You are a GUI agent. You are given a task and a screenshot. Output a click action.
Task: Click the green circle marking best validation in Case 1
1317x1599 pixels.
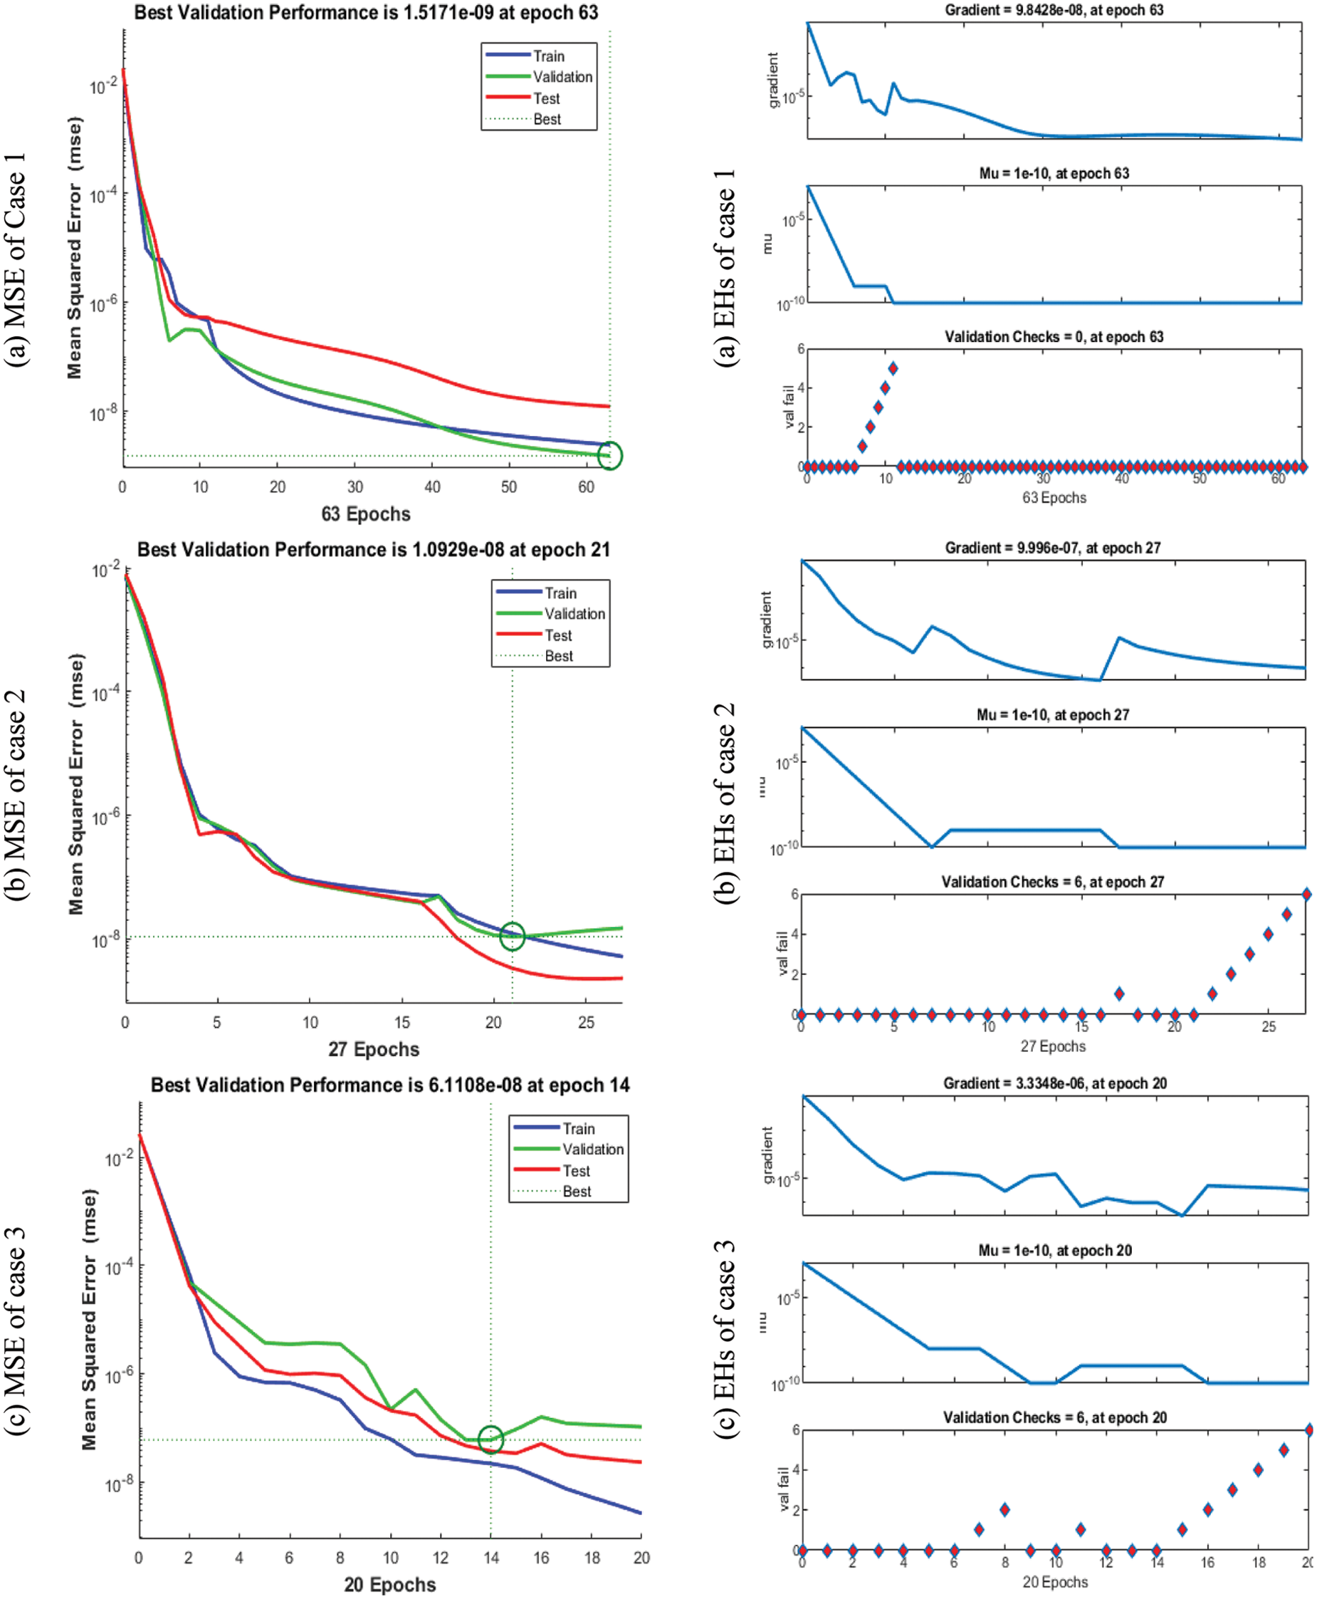610,455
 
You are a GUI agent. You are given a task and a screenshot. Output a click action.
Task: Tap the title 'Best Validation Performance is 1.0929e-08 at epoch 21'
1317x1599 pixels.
373,549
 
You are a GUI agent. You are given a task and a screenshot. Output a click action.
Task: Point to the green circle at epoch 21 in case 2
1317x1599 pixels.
512,936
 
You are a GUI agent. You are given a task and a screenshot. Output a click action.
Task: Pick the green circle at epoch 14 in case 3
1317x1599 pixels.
490,1439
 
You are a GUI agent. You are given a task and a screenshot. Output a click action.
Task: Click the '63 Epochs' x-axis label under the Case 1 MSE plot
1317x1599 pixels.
366,514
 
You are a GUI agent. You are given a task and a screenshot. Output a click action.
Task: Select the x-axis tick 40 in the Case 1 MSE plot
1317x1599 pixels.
431,487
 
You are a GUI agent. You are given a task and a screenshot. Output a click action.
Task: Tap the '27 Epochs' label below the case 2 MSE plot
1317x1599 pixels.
373,1050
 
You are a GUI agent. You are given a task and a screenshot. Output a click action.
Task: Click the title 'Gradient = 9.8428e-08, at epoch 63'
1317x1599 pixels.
1054,11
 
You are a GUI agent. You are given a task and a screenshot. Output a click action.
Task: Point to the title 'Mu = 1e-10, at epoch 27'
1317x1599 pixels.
1052,715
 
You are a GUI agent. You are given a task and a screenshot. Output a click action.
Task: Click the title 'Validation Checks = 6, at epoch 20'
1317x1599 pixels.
1054,1417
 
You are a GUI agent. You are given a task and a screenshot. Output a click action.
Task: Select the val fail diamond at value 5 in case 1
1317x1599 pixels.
893,368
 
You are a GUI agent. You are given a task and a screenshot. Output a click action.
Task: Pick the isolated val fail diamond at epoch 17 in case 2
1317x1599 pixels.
1119,994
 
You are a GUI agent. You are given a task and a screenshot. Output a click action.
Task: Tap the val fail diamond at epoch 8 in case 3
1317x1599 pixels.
1004,1509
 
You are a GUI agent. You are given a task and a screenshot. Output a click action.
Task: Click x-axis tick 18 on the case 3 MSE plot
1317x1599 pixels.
592,1558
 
